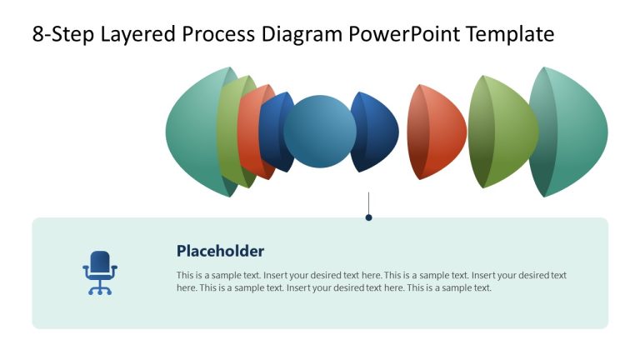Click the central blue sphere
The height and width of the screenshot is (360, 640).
coord(320,132)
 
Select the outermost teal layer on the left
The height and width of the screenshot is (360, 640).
coord(190,132)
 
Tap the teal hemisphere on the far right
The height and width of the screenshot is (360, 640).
coord(579,132)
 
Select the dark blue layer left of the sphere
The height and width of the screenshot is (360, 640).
coord(270,132)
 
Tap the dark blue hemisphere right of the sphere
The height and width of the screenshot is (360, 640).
coord(379,132)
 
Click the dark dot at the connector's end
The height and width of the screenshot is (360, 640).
coord(368,217)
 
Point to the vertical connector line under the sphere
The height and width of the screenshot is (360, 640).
coord(368,202)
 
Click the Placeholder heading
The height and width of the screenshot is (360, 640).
coord(220,251)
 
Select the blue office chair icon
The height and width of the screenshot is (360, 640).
coord(100,272)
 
